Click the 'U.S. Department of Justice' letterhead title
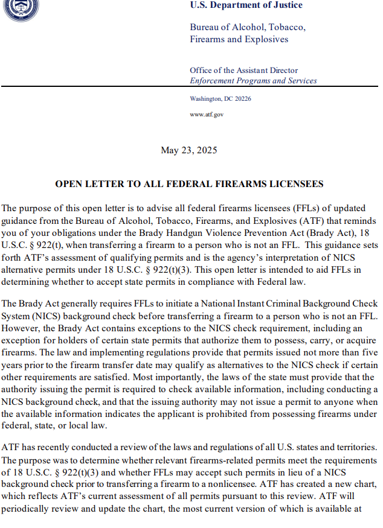point(246,5)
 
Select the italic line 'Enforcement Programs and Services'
point(253,81)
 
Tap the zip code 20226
point(242,98)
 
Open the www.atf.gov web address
point(207,114)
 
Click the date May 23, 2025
point(189,150)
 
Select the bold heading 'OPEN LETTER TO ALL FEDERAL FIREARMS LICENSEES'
point(190,184)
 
